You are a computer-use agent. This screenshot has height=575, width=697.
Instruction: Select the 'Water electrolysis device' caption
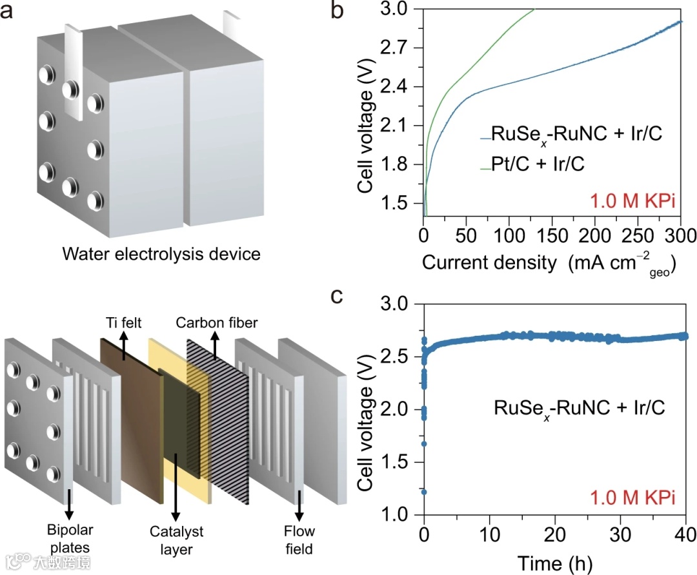[161, 254]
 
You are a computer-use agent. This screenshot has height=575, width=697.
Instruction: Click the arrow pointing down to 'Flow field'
[299, 509]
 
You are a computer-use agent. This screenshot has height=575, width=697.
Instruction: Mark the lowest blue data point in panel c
[424, 492]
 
